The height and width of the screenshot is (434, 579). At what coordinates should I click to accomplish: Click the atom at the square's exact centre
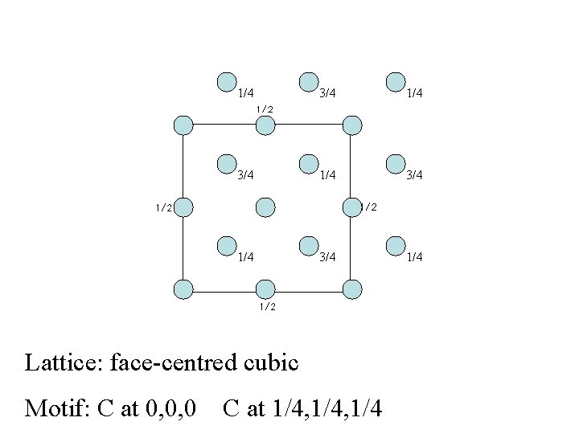pos(265,207)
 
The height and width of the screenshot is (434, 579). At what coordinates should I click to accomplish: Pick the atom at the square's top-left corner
pos(183,125)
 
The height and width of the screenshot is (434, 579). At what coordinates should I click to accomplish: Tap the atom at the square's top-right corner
pos(352,125)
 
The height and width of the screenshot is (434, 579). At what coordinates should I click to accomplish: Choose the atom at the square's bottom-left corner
pos(183,288)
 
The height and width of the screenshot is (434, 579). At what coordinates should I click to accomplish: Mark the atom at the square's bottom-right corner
pos(352,288)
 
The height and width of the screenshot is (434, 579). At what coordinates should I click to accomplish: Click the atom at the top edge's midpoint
pos(265,125)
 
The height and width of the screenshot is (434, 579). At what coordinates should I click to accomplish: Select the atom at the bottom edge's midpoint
pos(265,288)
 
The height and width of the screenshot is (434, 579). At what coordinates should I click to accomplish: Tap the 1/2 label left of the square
pos(163,207)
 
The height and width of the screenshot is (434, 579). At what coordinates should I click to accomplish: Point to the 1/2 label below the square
pos(267,307)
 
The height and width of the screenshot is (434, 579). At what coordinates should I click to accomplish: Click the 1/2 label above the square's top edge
pos(265,108)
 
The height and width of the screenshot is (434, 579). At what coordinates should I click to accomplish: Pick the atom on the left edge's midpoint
pos(183,207)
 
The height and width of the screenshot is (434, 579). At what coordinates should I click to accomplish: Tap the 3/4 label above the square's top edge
pos(327,94)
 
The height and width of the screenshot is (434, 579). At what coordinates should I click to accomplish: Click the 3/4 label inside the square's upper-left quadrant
pos(246,174)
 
